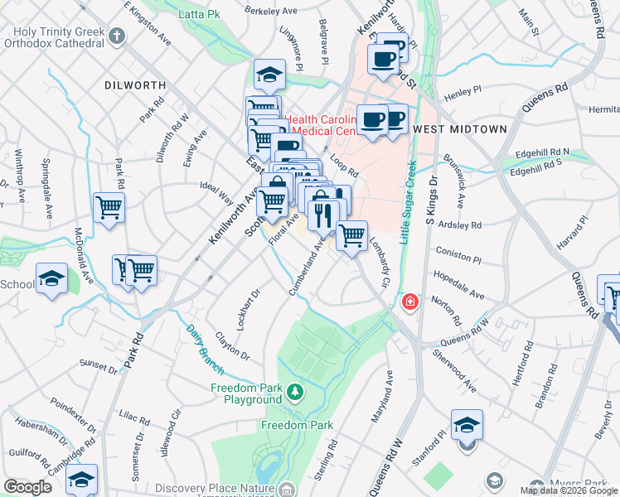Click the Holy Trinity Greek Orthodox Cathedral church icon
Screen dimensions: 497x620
coord(118,36)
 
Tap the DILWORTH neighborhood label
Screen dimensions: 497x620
coord(136,85)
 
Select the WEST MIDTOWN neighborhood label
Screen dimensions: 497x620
coord(448,129)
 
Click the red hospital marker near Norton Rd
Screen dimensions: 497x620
coord(409,302)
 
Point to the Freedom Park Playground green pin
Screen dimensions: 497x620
coord(293,389)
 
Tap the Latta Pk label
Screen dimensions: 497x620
coord(197,14)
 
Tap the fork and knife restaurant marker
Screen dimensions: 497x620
coord(323,216)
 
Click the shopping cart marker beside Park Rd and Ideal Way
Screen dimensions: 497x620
coord(109,208)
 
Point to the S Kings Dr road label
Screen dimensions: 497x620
coord(431,200)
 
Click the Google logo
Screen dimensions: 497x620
coord(27,488)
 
